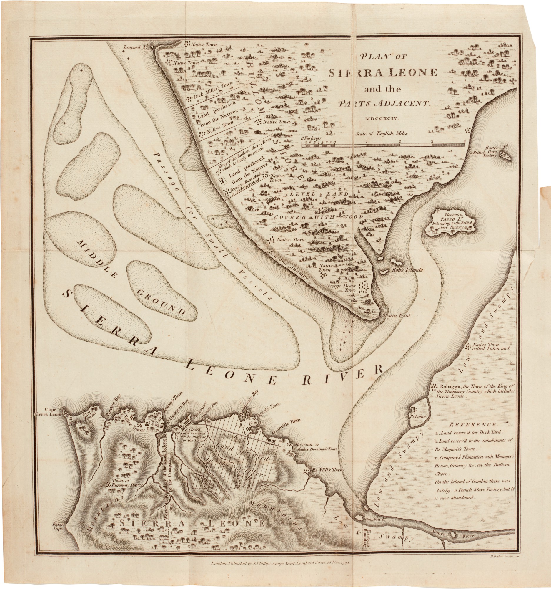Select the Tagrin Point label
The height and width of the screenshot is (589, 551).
397,316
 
